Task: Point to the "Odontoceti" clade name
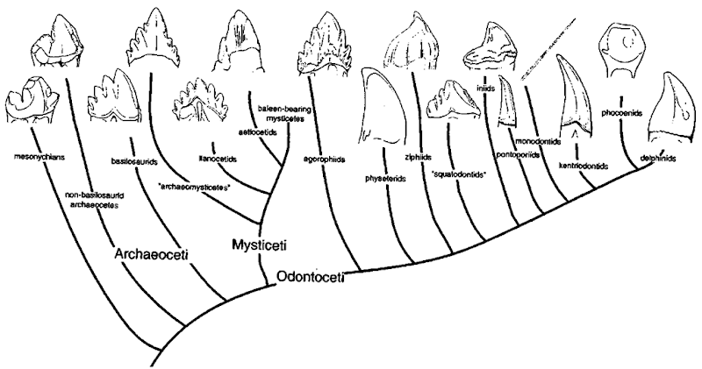pyautogui.click(x=309, y=279)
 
